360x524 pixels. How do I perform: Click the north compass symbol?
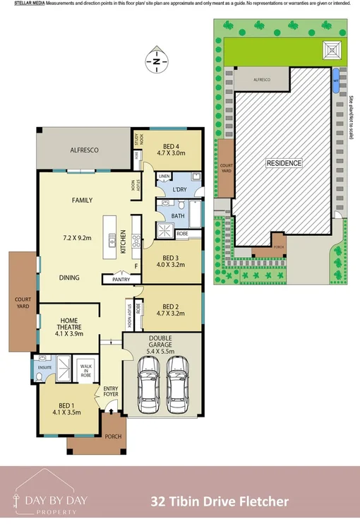(156, 61)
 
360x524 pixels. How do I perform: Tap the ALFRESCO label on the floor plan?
(83, 150)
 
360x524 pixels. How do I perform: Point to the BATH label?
(177, 217)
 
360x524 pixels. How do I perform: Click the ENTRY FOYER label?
(112, 391)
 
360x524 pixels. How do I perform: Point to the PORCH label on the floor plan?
(113, 436)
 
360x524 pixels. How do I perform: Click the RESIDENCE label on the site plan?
(284, 163)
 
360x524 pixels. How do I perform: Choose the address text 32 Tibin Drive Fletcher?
(220, 501)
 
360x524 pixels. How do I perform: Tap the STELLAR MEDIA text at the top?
(29, 4)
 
